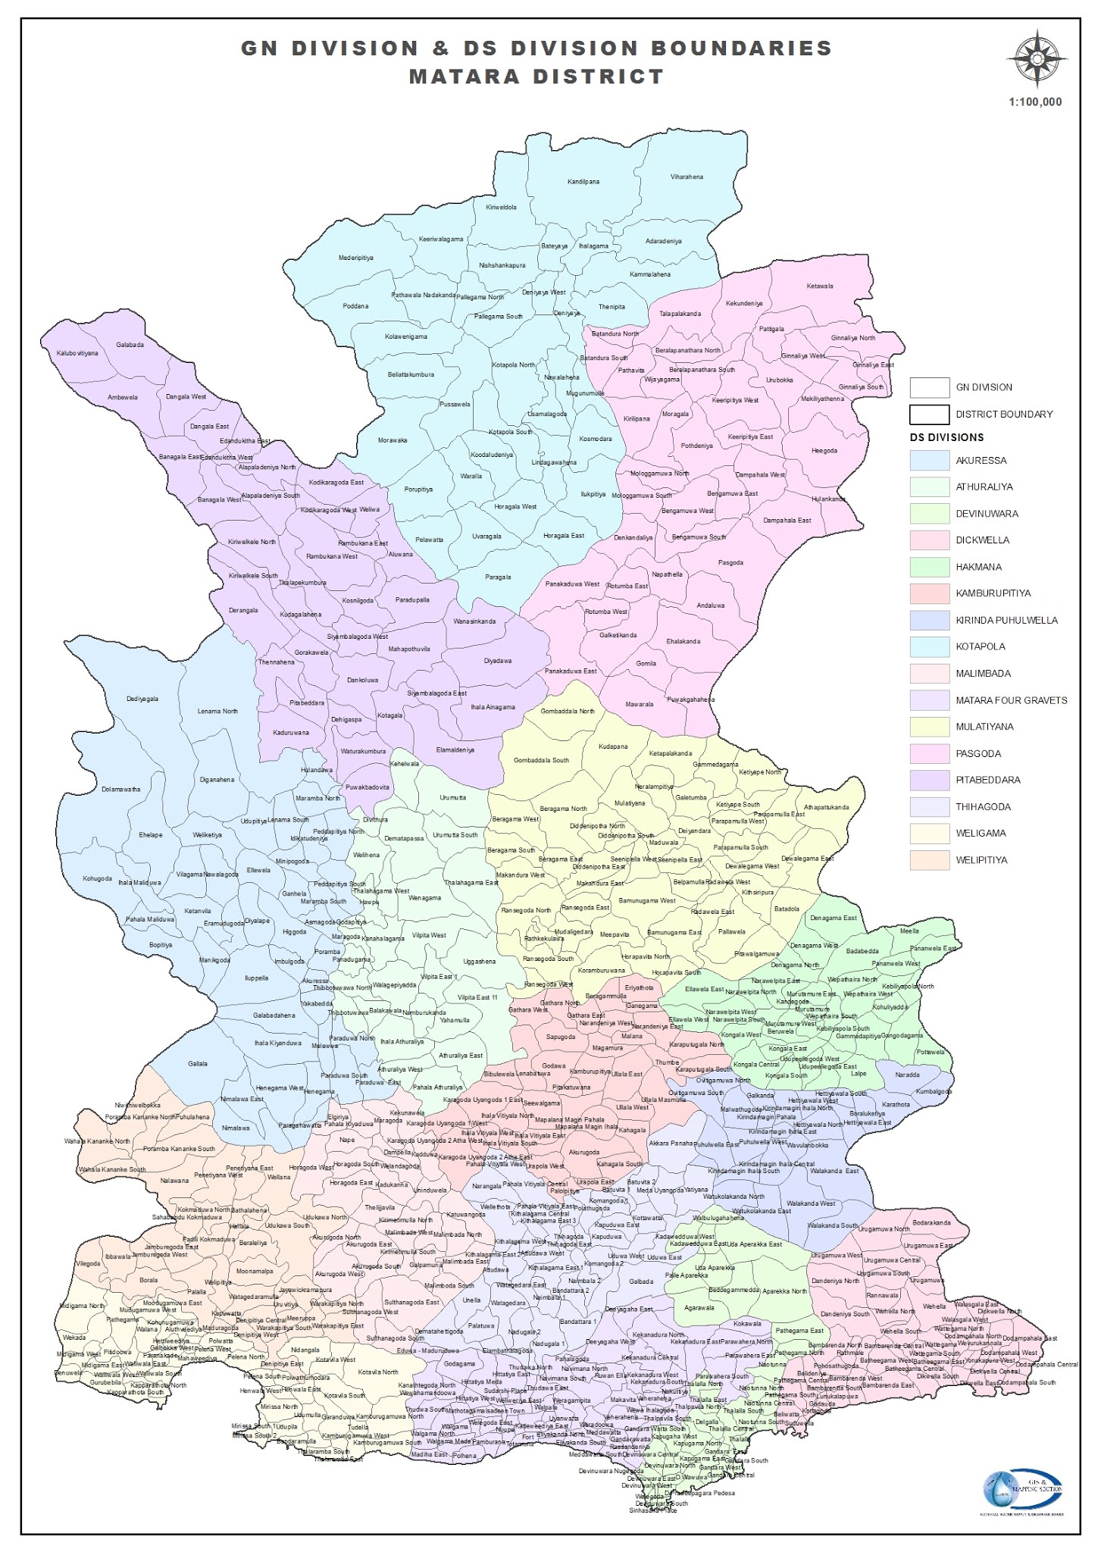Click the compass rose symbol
point(1037,58)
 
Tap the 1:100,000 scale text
point(1035,102)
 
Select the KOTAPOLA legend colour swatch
point(929,647)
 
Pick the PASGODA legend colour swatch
point(929,753)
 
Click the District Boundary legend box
point(929,415)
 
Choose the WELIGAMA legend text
point(981,833)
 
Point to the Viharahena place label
point(687,177)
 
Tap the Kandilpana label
point(583,182)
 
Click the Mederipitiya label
point(355,258)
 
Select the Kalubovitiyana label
point(77,353)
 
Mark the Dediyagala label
point(142,699)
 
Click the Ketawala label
point(819,286)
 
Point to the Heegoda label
point(824,451)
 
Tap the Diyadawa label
point(498,661)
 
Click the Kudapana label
point(613,746)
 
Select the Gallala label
point(198,1064)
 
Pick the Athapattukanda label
point(826,808)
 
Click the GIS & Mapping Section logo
point(1023,1491)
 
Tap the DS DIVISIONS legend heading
point(946,437)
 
